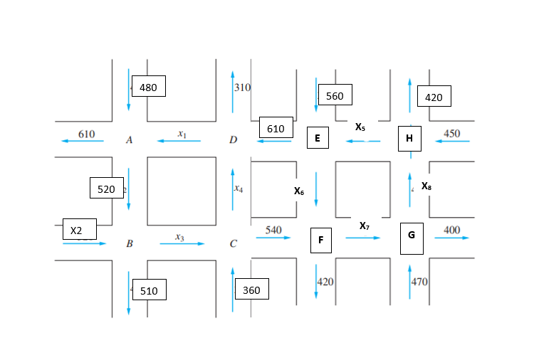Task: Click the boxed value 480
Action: click(x=148, y=87)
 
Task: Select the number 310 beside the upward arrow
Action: click(x=243, y=88)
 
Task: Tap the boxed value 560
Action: click(x=335, y=95)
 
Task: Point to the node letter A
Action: click(x=129, y=140)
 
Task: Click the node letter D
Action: click(x=233, y=140)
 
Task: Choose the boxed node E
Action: click(x=318, y=138)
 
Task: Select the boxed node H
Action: click(x=409, y=138)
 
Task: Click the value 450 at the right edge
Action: click(x=451, y=134)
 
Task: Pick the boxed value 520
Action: click(x=106, y=189)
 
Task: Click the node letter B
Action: click(x=130, y=244)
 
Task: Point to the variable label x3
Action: click(x=180, y=237)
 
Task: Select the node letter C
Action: click(x=233, y=244)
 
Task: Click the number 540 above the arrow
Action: click(x=273, y=230)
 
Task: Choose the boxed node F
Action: click(x=320, y=240)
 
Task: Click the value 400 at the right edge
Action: click(x=451, y=230)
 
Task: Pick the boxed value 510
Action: click(x=149, y=290)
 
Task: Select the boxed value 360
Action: click(x=251, y=290)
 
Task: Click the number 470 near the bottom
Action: click(x=419, y=282)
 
